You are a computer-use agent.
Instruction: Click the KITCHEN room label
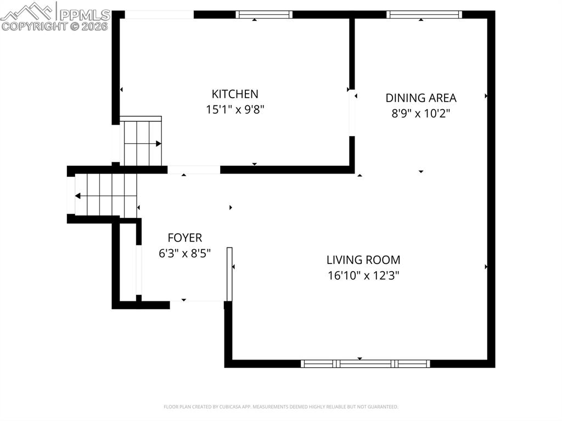point(235,94)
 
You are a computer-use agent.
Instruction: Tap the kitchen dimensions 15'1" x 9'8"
point(235,110)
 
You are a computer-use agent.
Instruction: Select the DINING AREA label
point(421,98)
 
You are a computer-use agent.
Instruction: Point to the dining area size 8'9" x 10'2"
point(421,114)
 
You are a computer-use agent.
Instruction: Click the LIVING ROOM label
point(363,260)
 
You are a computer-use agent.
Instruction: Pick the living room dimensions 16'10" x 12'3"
point(363,276)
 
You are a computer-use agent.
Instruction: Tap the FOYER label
point(184,238)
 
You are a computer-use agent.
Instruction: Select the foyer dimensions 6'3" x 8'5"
point(184,253)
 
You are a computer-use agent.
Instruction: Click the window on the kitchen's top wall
point(264,15)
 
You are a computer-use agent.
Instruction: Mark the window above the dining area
point(424,15)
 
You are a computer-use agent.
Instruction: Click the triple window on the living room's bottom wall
point(366,363)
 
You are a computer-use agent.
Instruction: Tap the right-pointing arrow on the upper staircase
point(158,144)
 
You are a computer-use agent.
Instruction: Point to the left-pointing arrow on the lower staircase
point(78,196)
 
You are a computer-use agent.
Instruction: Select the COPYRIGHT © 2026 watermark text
point(55,26)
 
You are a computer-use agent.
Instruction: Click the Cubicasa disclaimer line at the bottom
point(281,407)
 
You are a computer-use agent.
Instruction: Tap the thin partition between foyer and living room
point(229,274)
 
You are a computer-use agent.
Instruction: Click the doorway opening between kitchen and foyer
point(194,170)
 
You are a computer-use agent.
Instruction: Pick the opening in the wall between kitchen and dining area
point(352,112)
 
